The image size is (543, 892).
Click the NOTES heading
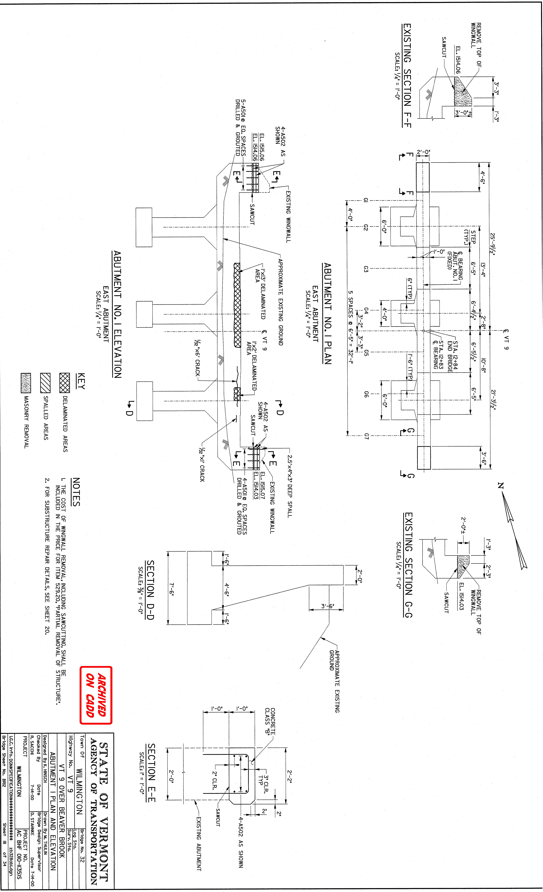pyautogui.click(x=76, y=492)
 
